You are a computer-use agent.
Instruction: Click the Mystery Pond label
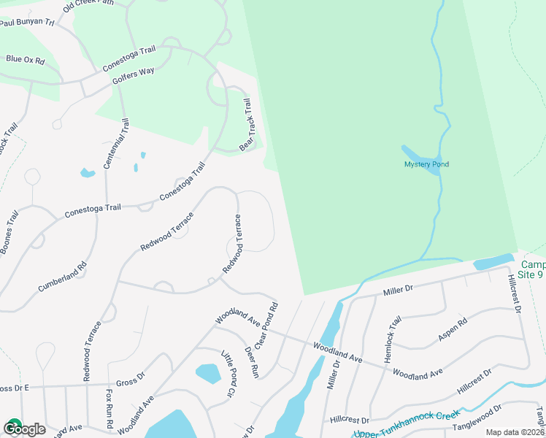tap(426, 164)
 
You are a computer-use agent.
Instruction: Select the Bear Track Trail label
tap(250, 124)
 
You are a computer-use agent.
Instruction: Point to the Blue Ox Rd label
tap(25, 59)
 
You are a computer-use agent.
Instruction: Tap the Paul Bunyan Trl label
tap(28, 23)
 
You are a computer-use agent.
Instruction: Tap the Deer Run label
tap(252, 361)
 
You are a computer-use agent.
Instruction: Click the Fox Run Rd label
tap(108, 409)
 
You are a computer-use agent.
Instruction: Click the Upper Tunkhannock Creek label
tap(406, 425)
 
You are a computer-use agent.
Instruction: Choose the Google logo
tap(25, 429)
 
